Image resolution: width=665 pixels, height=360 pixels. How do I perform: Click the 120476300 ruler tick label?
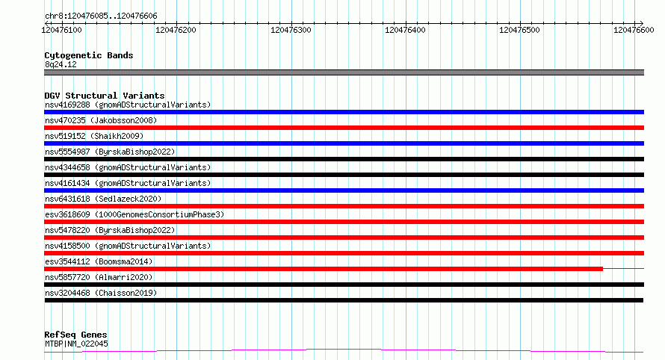(x=291, y=30)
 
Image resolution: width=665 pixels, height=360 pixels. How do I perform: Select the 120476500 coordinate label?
(x=519, y=30)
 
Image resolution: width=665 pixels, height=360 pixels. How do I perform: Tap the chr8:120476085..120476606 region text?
(x=101, y=16)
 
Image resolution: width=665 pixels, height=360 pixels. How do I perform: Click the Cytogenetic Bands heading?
(x=89, y=55)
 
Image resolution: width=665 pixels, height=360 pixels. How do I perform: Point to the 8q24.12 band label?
(x=61, y=64)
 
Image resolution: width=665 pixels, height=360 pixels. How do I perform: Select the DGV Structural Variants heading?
(x=105, y=96)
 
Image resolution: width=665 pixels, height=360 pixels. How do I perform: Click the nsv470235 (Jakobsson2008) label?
(x=101, y=120)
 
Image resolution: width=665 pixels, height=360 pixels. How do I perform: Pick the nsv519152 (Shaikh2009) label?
(x=94, y=136)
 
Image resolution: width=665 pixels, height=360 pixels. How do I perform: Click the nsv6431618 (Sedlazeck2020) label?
(x=103, y=199)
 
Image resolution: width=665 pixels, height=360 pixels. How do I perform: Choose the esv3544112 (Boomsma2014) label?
(x=99, y=261)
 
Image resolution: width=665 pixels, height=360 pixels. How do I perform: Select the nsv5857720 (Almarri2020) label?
(x=99, y=277)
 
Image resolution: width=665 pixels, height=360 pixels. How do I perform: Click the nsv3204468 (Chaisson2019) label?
(x=101, y=293)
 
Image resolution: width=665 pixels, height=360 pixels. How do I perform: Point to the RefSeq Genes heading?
(x=75, y=335)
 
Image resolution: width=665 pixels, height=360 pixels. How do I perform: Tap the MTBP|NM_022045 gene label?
(x=76, y=344)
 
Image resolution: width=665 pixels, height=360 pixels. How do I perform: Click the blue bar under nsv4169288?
(x=344, y=112)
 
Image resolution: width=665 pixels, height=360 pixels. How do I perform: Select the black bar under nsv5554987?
(x=344, y=159)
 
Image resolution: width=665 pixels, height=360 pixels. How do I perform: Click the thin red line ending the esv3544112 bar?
(x=623, y=268)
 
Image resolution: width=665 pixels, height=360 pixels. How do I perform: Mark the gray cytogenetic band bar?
(x=344, y=72)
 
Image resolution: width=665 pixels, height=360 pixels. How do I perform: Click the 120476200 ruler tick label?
(x=176, y=30)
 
